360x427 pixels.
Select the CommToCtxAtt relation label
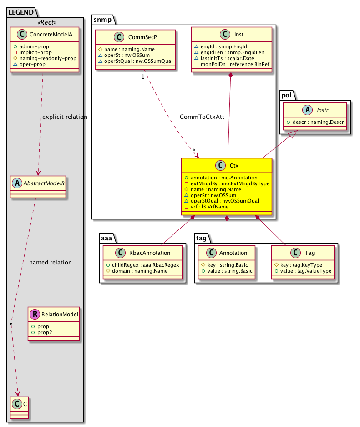tap(202, 117)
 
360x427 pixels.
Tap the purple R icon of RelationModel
tap(34, 314)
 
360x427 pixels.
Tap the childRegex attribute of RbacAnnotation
tap(142, 264)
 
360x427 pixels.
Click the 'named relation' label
tap(50, 263)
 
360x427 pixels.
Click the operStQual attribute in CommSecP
tap(135, 61)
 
